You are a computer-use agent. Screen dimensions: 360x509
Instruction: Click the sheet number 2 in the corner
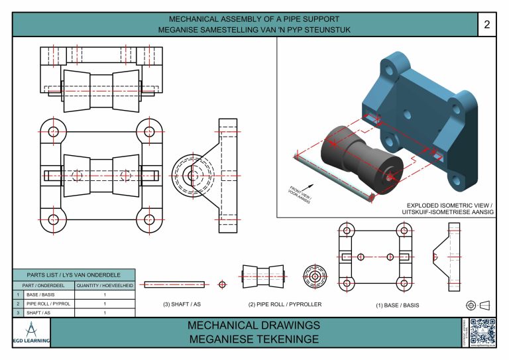(487, 25)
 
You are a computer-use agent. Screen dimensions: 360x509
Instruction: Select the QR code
(482, 331)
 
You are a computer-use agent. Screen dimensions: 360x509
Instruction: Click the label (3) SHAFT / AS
(182, 305)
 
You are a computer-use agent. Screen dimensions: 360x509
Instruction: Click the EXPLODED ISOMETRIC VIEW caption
(450, 208)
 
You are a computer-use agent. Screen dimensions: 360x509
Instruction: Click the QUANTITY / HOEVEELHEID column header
(105, 284)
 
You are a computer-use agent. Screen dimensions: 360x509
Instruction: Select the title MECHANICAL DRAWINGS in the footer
(254, 326)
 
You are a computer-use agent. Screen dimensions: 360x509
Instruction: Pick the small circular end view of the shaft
(222, 284)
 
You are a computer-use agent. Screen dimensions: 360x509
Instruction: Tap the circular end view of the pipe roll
(315, 276)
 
